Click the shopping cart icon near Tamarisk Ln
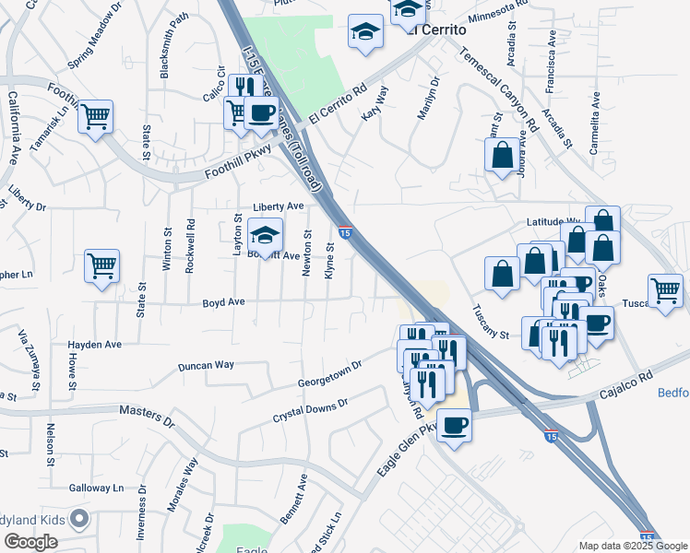click(95, 117)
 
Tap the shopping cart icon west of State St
click(102, 266)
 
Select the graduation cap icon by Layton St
click(265, 236)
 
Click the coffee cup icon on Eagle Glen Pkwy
click(454, 425)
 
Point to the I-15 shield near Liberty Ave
click(344, 231)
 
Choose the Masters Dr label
click(147, 417)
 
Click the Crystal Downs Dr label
click(310, 411)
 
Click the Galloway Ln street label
click(95, 488)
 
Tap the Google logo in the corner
click(30, 542)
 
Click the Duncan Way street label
click(206, 365)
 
